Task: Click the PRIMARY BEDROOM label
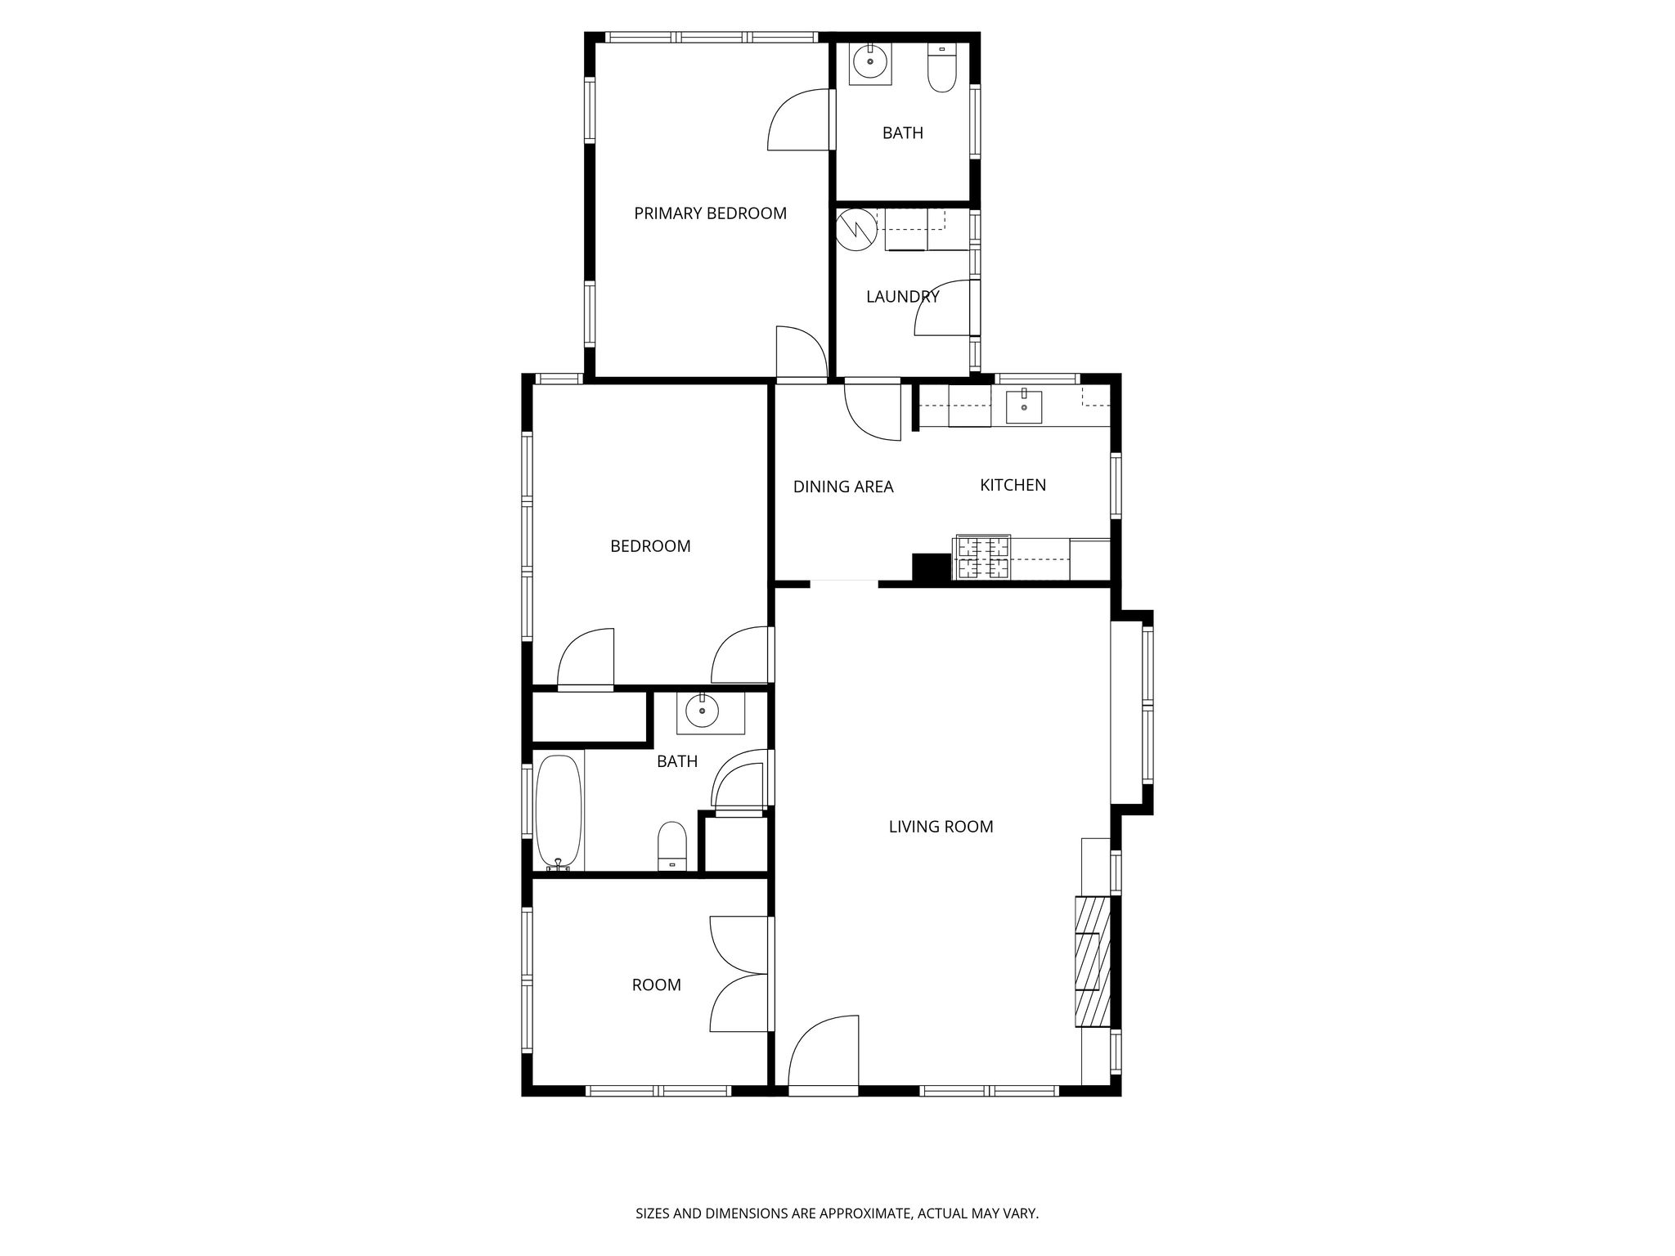(710, 213)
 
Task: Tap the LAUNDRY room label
(902, 297)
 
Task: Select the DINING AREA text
(843, 487)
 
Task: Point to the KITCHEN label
(1013, 485)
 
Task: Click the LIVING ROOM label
(941, 827)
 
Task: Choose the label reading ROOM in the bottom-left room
(656, 985)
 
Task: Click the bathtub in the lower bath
(559, 813)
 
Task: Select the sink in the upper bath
(870, 62)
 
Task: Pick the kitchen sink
(1024, 406)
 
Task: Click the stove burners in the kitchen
(982, 558)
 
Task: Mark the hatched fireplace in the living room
(1093, 962)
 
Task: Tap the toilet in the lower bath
(672, 846)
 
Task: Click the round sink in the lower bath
(702, 712)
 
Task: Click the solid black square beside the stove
(932, 567)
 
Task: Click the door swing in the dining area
(873, 411)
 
